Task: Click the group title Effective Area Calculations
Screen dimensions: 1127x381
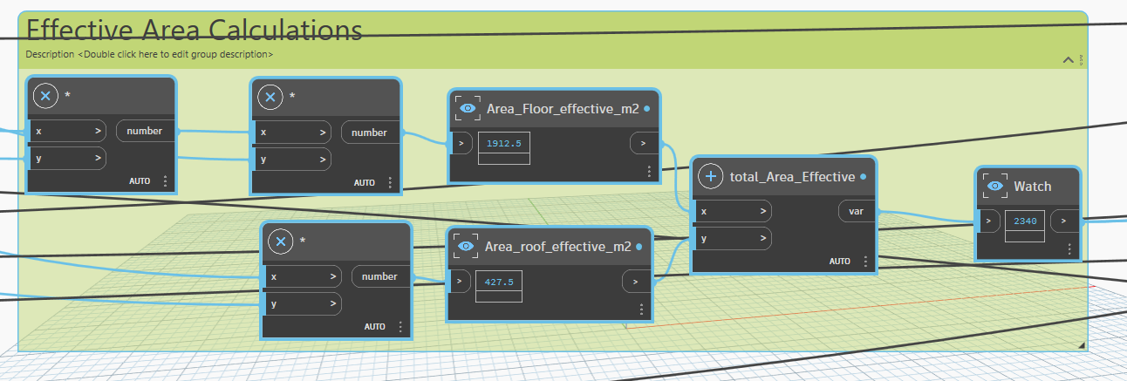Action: (x=194, y=30)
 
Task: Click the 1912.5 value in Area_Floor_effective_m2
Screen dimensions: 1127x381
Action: (x=503, y=144)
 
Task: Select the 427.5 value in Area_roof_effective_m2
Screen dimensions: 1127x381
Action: (x=499, y=282)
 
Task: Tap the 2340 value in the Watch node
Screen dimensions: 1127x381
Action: (x=1025, y=221)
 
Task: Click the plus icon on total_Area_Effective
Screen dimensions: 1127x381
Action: (x=710, y=176)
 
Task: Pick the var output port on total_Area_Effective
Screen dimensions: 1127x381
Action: (x=856, y=212)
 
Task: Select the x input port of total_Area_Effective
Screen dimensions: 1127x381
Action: (x=733, y=212)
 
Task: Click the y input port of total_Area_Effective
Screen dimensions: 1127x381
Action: (x=733, y=239)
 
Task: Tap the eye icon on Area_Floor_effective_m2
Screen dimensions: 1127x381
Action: (x=468, y=109)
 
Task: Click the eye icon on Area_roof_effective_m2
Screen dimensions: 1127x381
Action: (x=466, y=246)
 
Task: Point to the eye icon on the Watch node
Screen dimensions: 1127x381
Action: (x=994, y=186)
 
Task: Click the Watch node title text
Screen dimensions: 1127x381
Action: (x=1033, y=187)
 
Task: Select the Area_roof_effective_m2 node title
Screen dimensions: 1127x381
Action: (x=557, y=246)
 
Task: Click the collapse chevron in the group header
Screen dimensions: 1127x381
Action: (x=1069, y=60)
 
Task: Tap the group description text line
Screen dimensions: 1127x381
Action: (x=149, y=54)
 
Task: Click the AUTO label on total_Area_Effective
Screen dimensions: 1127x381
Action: (x=840, y=262)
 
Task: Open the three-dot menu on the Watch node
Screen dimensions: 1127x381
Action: (x=1069, y=249)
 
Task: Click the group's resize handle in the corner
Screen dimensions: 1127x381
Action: (x=1082, y=345)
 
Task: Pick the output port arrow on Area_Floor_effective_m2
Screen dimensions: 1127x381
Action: (x=643, y=143)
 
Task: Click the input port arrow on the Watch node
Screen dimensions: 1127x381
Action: (x=988, y=221)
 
